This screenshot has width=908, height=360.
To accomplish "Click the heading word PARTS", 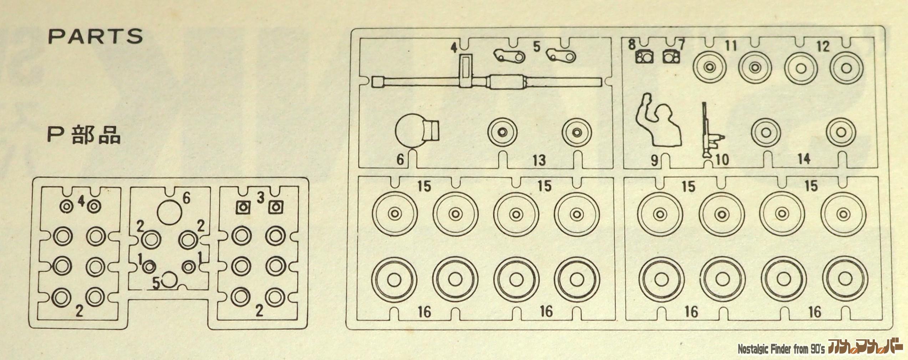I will tap(95, 36).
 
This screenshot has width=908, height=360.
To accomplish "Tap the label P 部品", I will tap(84, 136).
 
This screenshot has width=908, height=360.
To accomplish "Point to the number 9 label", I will tap(654, 161).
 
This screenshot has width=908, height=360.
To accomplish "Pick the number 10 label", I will tap(722, 160).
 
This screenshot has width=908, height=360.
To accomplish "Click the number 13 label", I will tap(539, 160).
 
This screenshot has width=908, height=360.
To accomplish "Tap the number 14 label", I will tap(804, 159).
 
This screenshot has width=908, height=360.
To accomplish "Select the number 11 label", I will tap(731, 46).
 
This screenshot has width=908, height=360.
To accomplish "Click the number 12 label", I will tap(823, 46).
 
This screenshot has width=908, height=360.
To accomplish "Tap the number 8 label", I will tap(632, 45).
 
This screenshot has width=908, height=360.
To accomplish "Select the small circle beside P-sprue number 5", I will tap(170, 280).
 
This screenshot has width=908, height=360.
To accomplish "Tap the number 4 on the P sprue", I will tap(81, 202).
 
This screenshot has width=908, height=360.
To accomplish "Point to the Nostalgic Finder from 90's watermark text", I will tap(781, 349).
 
